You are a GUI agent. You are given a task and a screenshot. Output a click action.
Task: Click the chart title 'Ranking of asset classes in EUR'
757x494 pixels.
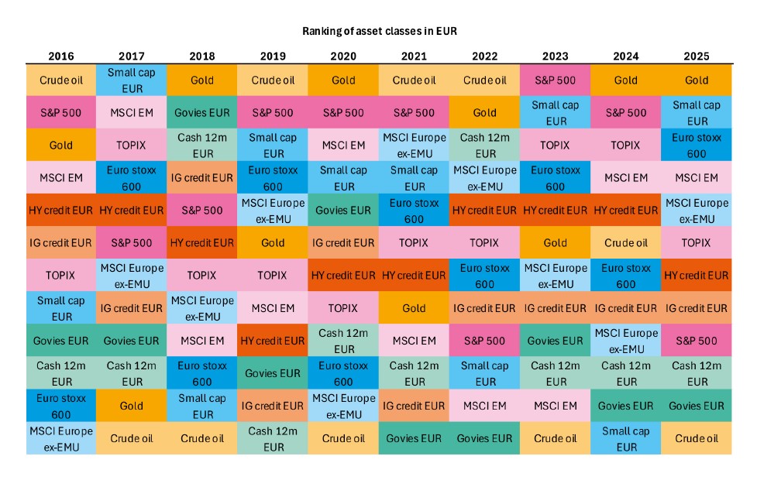378,32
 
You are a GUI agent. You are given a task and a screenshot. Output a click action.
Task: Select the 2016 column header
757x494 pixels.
61,57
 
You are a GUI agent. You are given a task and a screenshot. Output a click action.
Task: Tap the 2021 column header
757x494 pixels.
414,57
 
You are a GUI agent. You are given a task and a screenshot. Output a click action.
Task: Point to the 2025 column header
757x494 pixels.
696,57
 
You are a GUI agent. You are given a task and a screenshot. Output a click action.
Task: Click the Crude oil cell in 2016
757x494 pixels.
61,81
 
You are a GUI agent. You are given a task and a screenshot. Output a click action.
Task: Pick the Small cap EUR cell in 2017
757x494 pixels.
132,81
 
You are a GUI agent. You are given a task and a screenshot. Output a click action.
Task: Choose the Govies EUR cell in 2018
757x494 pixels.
202,113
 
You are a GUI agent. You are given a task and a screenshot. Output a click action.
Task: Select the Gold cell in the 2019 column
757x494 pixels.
273,243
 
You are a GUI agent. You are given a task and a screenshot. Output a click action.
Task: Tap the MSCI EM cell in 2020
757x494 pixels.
343,146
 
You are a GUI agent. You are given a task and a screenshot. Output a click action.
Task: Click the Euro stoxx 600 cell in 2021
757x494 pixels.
414,211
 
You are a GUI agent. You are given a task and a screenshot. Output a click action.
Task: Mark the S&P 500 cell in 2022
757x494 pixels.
484,341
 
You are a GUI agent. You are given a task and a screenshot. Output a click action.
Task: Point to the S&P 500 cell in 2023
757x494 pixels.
555,81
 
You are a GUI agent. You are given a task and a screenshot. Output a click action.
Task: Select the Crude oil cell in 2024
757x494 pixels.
625,243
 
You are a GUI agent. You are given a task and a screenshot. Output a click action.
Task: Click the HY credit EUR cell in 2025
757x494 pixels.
696,276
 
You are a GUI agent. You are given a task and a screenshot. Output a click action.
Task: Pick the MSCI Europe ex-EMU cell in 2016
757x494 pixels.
61,438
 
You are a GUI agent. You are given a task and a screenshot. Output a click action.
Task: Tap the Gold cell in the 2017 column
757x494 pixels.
132,406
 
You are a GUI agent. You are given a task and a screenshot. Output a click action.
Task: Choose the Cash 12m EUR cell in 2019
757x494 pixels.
273,438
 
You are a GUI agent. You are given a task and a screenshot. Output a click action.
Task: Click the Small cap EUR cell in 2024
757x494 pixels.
625,438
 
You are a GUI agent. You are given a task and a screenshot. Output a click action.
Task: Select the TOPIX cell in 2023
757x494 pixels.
555,146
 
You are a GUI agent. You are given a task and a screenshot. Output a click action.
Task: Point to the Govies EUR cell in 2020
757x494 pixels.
343,211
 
